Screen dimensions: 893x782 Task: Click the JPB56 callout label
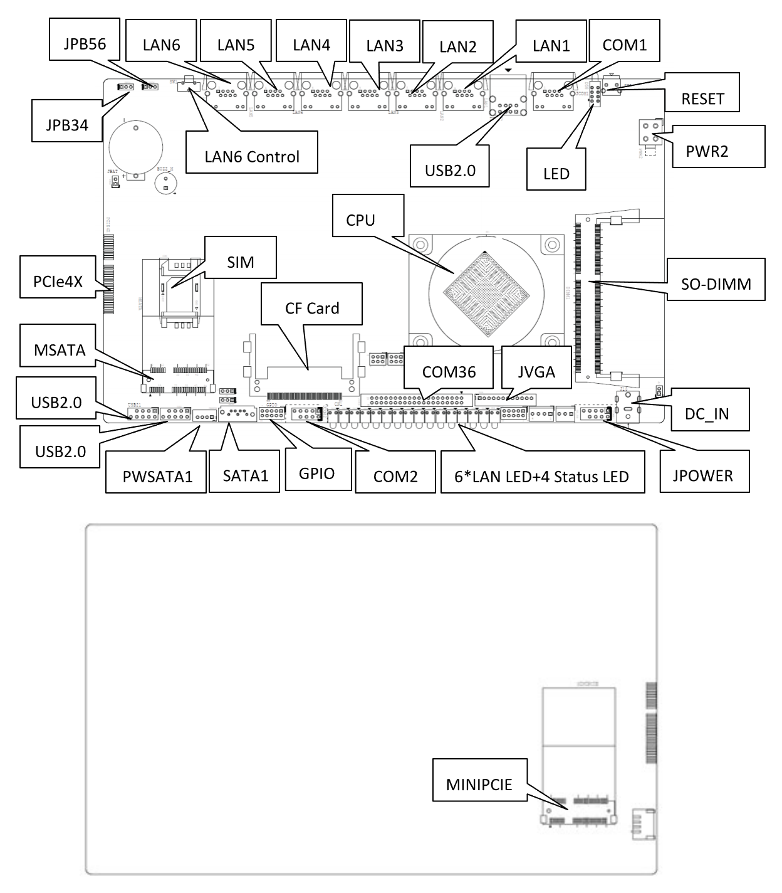pos(85,44)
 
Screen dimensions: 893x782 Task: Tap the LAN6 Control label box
pos(252,156)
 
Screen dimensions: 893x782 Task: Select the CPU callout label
pos(360,219)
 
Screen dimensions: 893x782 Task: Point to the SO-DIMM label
pos(716,284)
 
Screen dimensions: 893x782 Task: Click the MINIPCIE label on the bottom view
pos(479,785)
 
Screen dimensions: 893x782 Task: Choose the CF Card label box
pos(312,308)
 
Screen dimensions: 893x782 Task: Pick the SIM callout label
pos(241,262)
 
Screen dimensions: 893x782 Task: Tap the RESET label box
pos(702,98)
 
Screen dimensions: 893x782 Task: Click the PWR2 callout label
pos(707,151)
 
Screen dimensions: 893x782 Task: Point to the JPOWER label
pos(703,475)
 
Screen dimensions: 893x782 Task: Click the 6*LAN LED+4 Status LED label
pos(541,477)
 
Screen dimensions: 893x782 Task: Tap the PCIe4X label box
pos(58,281)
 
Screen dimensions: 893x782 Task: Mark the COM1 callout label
pos(624,45)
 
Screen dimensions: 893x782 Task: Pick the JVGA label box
pos(536,372)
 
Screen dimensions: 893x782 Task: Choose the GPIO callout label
pos(316,473)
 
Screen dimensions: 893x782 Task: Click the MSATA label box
pos(60,349)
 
